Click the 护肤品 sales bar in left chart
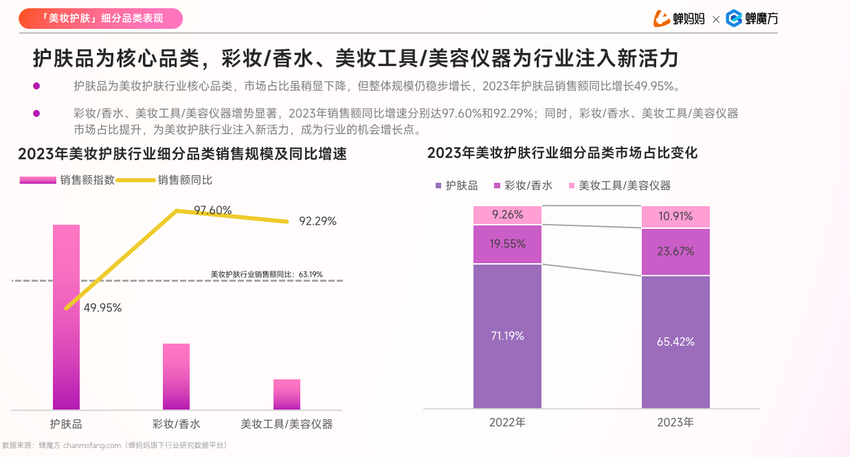click(66, 317)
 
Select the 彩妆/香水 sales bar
click(176, 377)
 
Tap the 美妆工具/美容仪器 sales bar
click(287, 394)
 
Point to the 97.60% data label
click(212, 210)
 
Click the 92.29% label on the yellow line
click(317, 221)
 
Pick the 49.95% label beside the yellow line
click(102, 307)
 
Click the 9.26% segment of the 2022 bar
click(507, 215)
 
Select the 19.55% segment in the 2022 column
click(507, 244)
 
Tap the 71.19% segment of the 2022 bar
click(507, 336)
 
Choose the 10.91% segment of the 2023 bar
click(675, 216)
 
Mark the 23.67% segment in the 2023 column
click(675, 252)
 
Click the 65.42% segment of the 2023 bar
click(675, 342)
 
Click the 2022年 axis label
click(507, 422)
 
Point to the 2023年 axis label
click(675, 422)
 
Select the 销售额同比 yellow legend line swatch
click(135, 180)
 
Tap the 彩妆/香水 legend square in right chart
click(497, 186)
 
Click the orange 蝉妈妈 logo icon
click(661, 19)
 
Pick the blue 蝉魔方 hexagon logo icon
click(734, 19)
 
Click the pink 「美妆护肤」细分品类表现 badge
click(100, 19)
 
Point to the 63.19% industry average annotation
click(267, 274)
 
